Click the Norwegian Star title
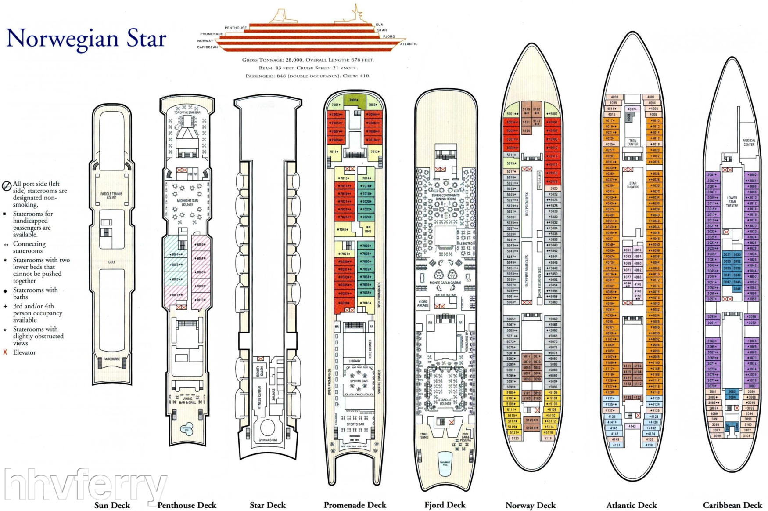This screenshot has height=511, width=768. pyautogui.click(x=86, y=39)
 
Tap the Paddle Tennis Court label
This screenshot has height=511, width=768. pyautogui.click(x=111, y=196)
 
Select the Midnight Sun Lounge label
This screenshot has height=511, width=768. pyautogui.click(x=187, y=203)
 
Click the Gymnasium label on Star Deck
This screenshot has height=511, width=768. pyautogui.click(x=268, y=440)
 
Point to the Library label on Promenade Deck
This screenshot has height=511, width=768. pyautogui.click(x=355, y=361)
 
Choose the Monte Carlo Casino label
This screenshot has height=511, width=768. pyautogui.click(x=445, y=283)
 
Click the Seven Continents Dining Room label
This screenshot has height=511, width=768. pyautogui.click(x=445, y=197)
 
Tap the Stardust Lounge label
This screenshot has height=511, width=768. pyautogui.click(x=445, y=402)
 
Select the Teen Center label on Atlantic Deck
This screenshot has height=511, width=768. pyautogui.click(x=632, y=142)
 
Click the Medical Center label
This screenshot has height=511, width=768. pyautogui.click(x=749, y=142)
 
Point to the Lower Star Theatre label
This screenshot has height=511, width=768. pyautogui.click(x=732, y=202)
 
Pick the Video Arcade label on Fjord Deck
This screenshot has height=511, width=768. pyautogui.click(x=423, y=303)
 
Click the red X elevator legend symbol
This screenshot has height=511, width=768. pyautogui.click(x=5, y=352)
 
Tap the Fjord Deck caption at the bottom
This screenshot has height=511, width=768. pyautogui.click(x=445, y=505)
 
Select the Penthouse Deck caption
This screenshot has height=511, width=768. pyautogui.click(x=187, y=505)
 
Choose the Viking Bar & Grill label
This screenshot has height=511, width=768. pyautogui.click(x=187, y=401)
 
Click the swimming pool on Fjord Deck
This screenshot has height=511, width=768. pyautogui.click(x=445, y=463)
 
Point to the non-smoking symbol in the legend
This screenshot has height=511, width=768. pyautogui.click(x=7, y=186)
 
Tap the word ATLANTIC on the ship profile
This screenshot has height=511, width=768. pyautogui.click(x=409, y=44)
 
